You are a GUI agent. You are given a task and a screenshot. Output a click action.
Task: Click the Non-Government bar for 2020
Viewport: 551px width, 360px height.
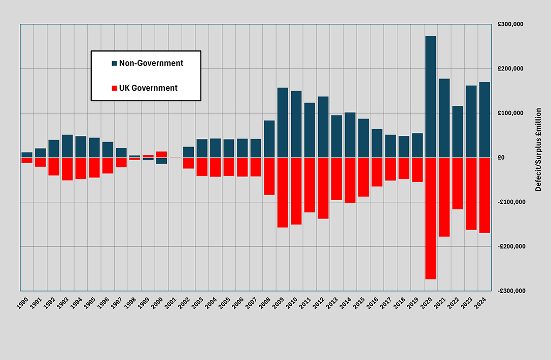click(x=431, y=96)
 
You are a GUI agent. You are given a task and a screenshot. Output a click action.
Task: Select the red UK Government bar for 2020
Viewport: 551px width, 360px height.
click(x=431, y=218)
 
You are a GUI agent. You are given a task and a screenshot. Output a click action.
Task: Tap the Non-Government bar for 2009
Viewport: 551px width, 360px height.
click(x=283, y=122)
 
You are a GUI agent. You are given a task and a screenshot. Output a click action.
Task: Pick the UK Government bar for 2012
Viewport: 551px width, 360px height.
click(x=323, y=188)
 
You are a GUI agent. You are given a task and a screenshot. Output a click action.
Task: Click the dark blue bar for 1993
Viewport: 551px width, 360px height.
click(x=67, y=146)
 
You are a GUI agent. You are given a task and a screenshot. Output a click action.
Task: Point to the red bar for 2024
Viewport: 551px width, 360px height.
click(x=485, y=195)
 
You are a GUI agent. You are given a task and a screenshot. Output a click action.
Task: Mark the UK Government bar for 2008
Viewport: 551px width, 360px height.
click(x=269, y=176)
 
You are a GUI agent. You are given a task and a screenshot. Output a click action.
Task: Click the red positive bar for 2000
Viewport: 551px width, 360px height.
click(x=161, y=154)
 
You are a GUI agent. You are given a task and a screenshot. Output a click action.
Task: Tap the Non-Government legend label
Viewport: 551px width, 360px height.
click(x=151, y=63)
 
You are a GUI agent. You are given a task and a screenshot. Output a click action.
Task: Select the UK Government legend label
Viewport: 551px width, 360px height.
click(x=148, y=88)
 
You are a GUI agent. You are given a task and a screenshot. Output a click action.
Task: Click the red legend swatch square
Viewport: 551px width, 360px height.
click(x=114, y=88)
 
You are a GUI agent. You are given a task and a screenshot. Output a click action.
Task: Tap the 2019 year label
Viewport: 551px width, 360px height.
click(x=415, y=303)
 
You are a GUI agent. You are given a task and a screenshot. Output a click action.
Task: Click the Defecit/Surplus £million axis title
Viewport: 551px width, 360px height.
click(x=538, y=150)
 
